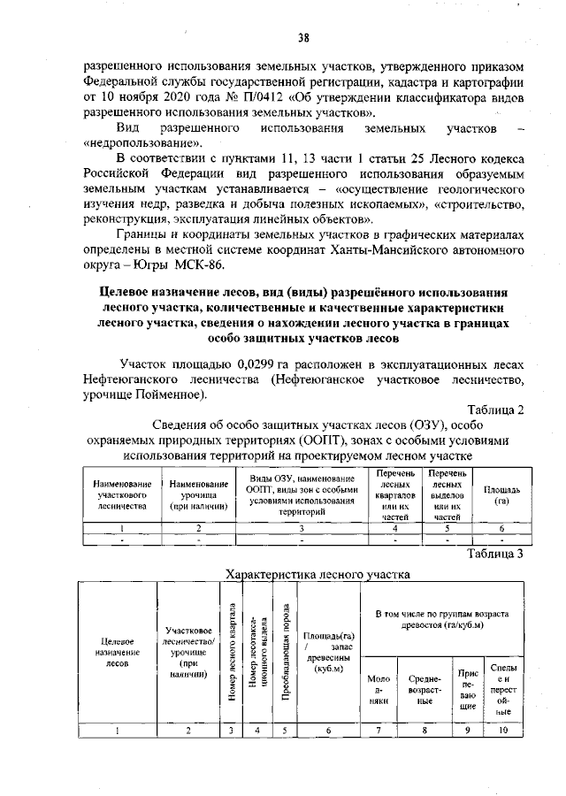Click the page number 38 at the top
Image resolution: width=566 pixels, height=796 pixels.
pos(303,37)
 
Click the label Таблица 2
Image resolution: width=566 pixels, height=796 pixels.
pos(495,409)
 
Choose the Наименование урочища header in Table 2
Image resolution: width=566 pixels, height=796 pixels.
pos(199,495)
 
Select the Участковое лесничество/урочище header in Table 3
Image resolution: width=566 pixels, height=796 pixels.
pos(187,655)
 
